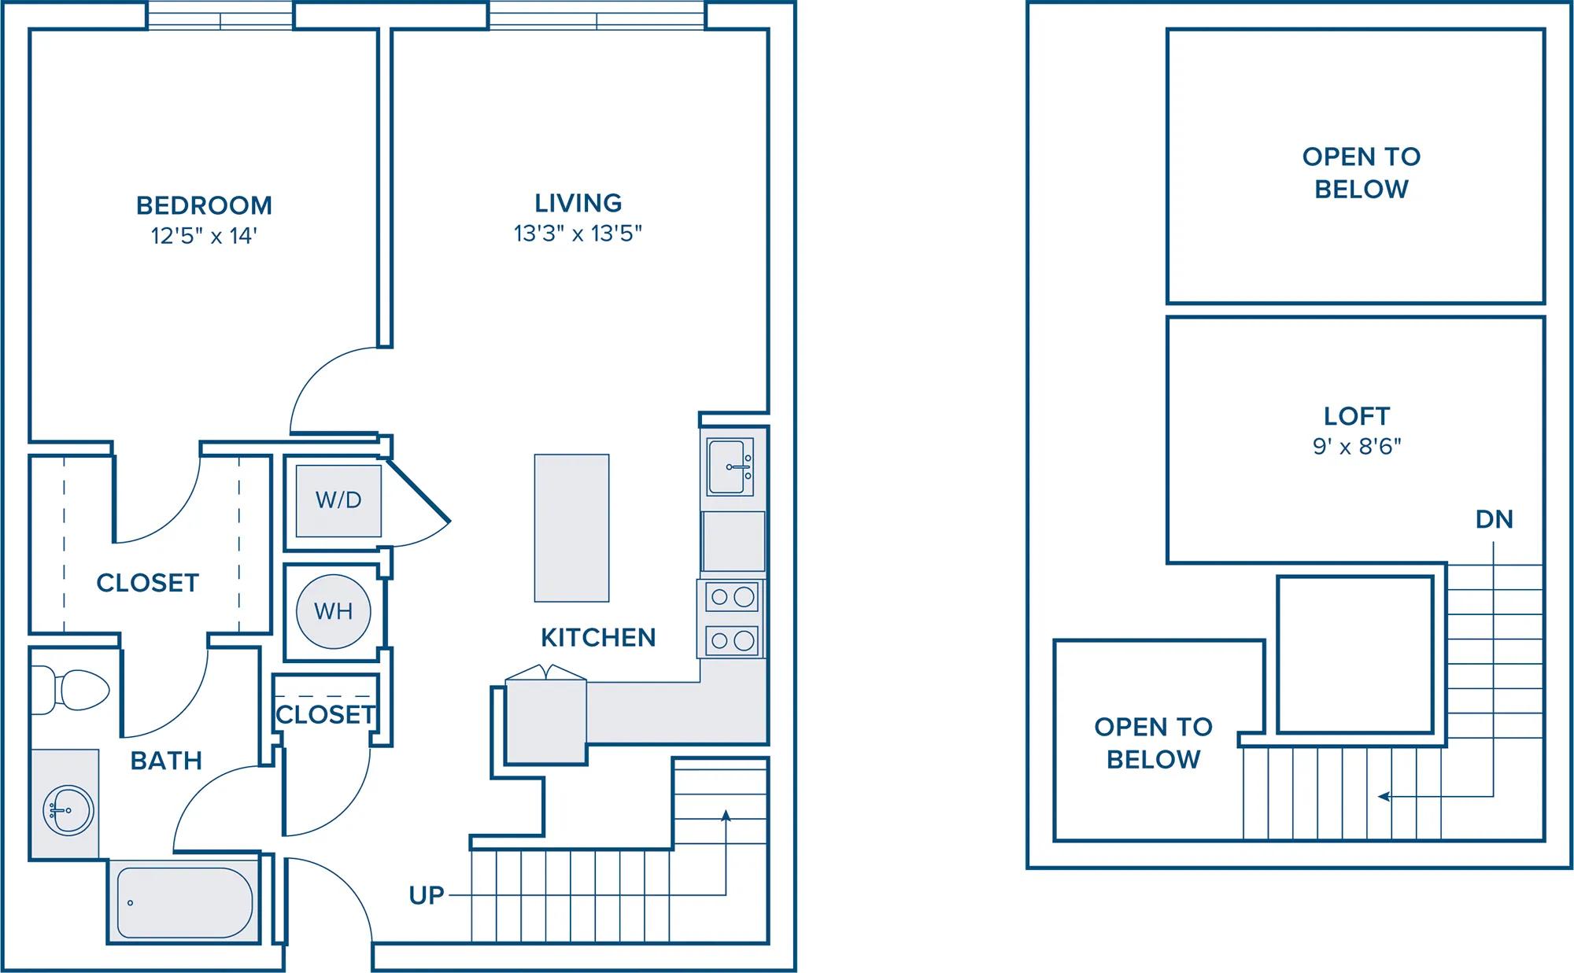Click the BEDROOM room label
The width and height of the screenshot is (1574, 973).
pos(204,205)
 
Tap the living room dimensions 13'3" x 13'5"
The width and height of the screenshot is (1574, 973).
pos(578,234)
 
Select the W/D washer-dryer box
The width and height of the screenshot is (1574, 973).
pos(338,500)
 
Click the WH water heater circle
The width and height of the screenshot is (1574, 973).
pos(334,611)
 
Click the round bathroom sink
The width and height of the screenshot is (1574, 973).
pos(68,808)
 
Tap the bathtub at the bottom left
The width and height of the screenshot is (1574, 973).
pos(184,903)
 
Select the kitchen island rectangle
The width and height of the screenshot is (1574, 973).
pos(571,528)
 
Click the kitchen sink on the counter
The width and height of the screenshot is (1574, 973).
pos(730,467)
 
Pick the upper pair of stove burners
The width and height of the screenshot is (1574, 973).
pos(733,597)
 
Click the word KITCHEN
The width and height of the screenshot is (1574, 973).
pos(598,637)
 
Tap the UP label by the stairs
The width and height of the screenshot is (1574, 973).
pos(427,895)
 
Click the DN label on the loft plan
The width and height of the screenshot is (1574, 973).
pos(1494,519)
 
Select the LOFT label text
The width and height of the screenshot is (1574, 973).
pos(1357,416)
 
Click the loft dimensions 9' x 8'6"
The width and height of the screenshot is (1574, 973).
pos(1357,447)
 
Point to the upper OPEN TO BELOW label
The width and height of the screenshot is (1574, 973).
pos(1362,173)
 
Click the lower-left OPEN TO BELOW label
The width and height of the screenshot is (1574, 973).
pos(1153,743)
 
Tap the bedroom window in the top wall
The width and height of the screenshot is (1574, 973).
pos(220,16)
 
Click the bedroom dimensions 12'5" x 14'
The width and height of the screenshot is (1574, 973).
pos(204,236)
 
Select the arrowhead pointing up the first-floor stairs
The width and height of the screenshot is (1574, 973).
pos(726,816)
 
